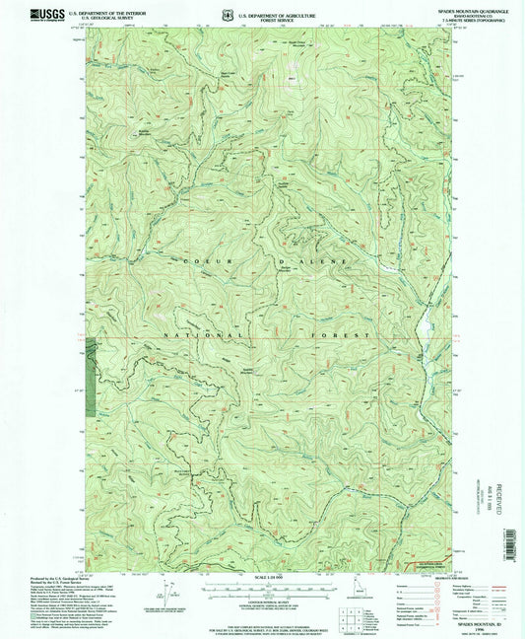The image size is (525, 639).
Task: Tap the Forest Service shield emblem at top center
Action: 229,14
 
